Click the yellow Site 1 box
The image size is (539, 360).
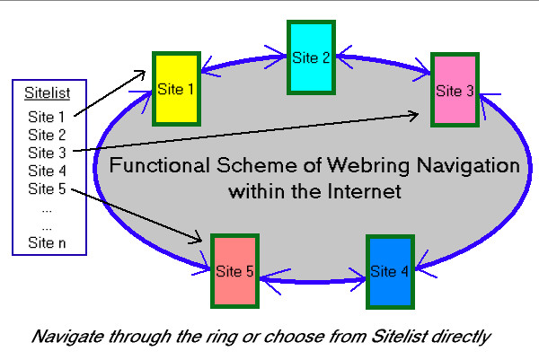coord(174,89)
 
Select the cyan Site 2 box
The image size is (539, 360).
coord(311,57)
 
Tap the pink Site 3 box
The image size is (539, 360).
coord(455,90)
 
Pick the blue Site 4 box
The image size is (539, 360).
coord(390,270)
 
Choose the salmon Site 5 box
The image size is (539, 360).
coord(234,269)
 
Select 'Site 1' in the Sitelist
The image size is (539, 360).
coord(47,117)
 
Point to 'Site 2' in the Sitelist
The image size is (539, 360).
coord(47,135)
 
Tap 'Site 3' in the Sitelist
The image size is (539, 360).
coord(47,153)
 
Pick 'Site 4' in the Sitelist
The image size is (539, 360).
coord(47,171)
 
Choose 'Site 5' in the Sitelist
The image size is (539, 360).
coord(47,189)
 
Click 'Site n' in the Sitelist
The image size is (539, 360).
coord(47,242)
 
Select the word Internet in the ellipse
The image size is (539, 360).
coord(360,192)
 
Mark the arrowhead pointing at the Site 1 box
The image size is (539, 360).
coord(146,71)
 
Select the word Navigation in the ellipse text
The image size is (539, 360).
coord(463,167)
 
